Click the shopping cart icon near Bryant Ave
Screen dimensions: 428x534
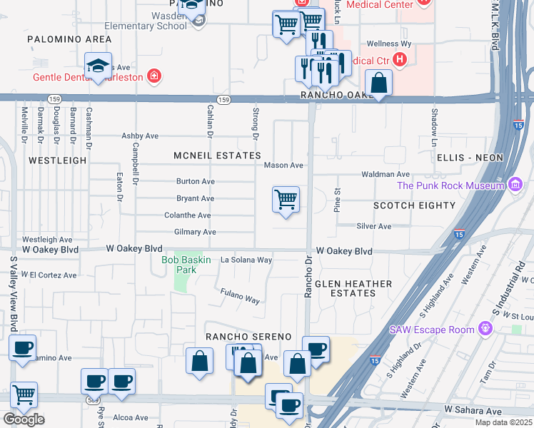[286, 200]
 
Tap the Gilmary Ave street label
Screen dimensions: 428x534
[195, 232]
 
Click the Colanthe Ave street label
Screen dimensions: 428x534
[187, 215]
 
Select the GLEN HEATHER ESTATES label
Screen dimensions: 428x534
[354, 288]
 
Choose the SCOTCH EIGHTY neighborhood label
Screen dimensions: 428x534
[414, 205]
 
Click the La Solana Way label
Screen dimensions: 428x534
[246, 260]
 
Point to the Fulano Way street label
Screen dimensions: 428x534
[240, 296]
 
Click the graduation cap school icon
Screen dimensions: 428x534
[98, 67]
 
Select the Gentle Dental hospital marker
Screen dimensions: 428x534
[153, 76]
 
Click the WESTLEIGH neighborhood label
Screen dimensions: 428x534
[58, 160]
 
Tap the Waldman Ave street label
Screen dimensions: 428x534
[386, 174]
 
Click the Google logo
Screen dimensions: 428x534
[24, 419]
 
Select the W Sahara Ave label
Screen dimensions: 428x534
[473, 410]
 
